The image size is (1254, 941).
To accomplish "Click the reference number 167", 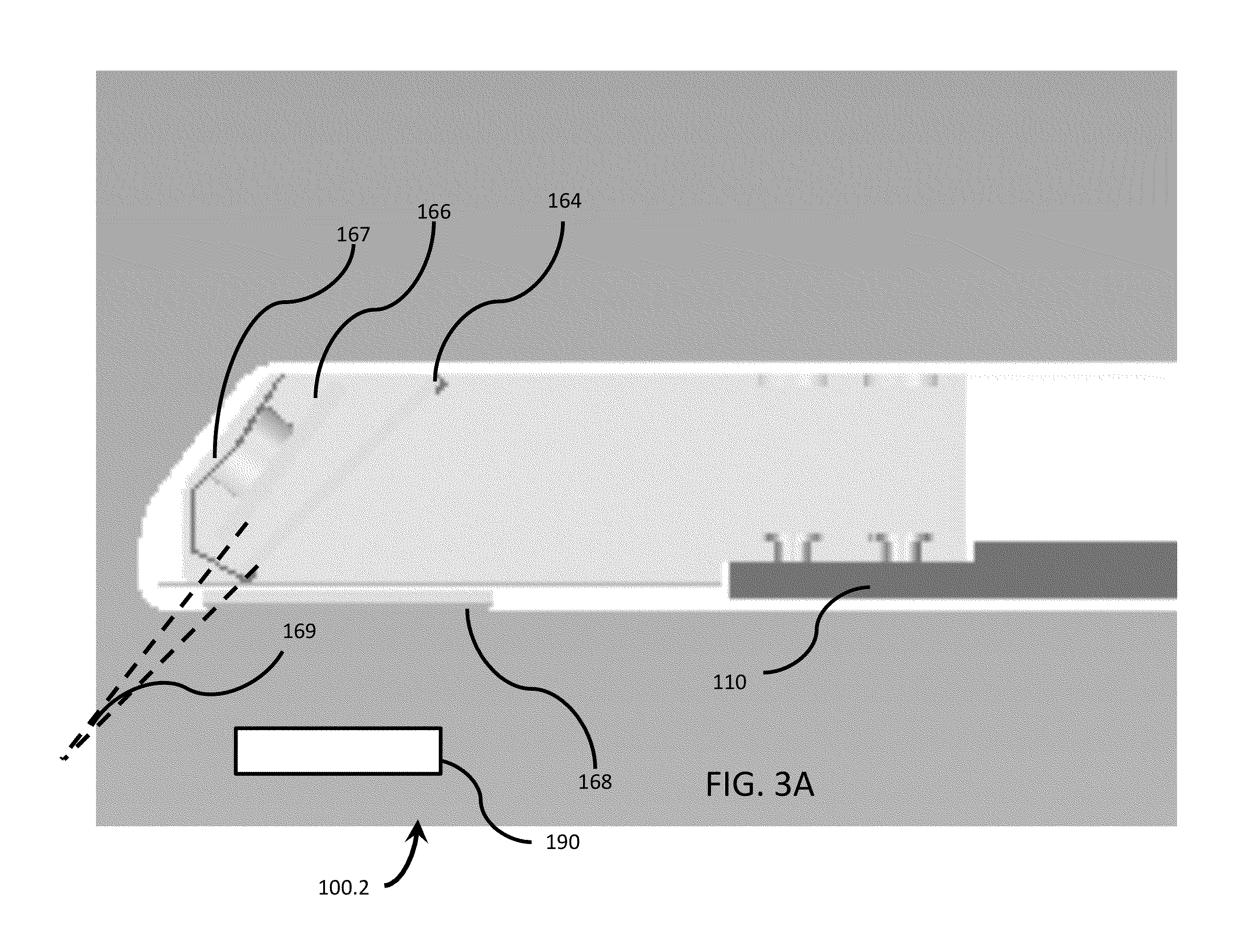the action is (353, 234).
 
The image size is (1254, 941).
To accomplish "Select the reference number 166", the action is (434, 212).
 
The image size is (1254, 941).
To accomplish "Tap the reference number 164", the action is (564, 201).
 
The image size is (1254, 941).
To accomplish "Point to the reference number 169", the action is (300, 631).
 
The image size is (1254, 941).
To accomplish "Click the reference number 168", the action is (595, 782).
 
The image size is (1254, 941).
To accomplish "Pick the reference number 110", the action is (730, 682).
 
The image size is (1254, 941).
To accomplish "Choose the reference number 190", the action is (563, 842).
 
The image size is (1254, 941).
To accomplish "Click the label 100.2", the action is (344, 888).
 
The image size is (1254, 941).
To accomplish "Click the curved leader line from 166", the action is (374, 310).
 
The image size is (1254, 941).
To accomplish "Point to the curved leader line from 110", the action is (816, 629).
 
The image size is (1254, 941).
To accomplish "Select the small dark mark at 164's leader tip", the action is (440, 387).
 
